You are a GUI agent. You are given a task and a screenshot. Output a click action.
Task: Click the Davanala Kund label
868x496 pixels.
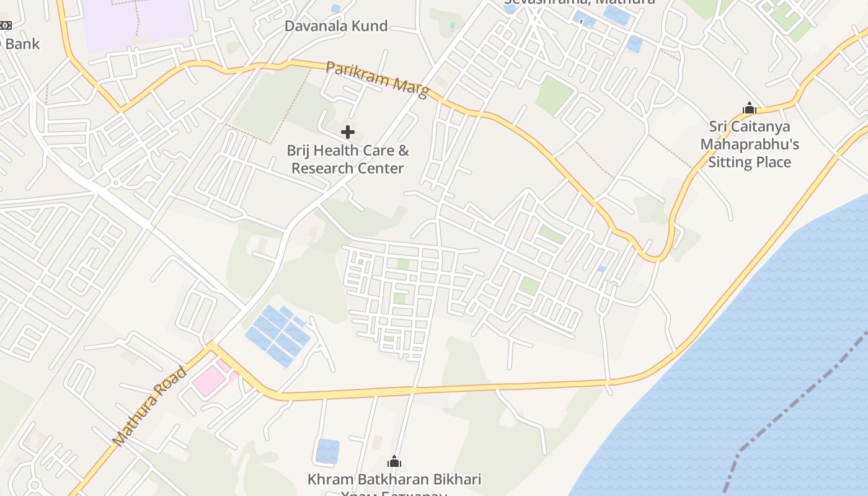tap(335, 26)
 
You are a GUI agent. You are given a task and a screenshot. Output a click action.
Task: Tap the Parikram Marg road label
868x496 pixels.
tap(376, 79)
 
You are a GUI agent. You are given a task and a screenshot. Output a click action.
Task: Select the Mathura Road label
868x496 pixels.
tap(149, 407)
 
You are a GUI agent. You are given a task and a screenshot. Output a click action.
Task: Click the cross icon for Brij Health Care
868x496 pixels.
tap(348, 131)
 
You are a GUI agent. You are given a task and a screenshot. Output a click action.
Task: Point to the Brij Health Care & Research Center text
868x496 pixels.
tap(348, 159)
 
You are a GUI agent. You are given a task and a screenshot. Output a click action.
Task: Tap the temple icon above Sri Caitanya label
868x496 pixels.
tap(750, 108)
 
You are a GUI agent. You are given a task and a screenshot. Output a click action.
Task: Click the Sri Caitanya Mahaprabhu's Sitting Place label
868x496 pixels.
tap(750, 144)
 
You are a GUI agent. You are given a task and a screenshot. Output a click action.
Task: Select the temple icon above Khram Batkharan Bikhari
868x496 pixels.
tap(394, 461)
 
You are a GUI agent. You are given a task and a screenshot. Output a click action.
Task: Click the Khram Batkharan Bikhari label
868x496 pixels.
tap(394, 479)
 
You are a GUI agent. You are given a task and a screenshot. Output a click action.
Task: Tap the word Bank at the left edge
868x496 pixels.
tap(22, 44)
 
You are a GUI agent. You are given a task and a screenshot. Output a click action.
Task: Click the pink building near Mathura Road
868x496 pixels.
tap(208, 379)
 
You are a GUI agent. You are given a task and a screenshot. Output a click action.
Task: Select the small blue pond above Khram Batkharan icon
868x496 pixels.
tap(327, 451)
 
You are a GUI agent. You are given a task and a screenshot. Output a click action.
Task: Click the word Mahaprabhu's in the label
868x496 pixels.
tap(750, 144)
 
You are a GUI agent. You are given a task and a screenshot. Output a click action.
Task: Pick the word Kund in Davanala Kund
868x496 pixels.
tap(370, 26)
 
